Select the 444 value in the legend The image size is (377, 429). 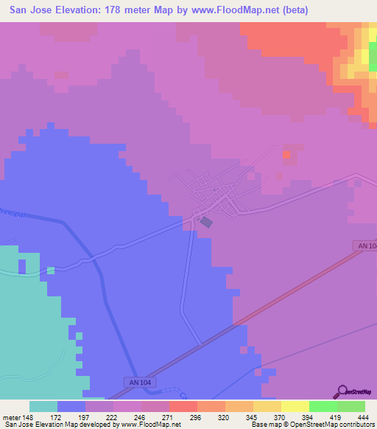pyautogui.click(x=363, y=416)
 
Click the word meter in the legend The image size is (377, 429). pyautogui.click(x=12, y=416)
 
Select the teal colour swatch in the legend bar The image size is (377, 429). pyautogui.click(x=43, y=406)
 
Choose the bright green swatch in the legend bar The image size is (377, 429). pyautogui.click(x=323, y=406)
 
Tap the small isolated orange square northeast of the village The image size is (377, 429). pyautogui.click(x=286, y=155)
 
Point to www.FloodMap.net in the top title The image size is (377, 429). pyautogui.click(x=233, y=10)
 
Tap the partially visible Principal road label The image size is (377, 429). pyautogui.click(x=15, y=213)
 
